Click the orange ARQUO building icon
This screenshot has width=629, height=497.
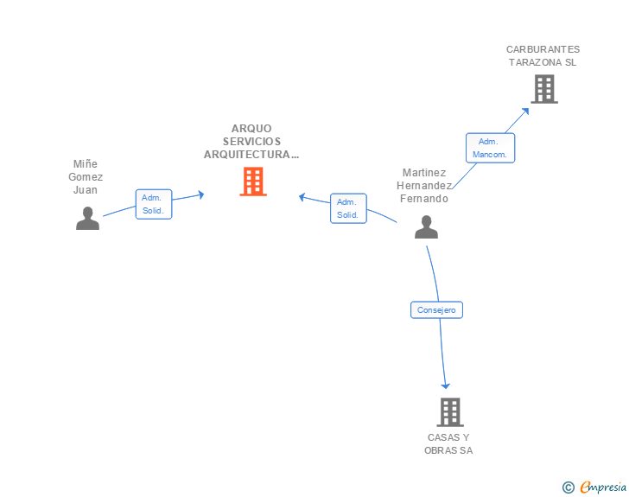coord(253,182)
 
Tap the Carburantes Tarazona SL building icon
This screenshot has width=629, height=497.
coord(543,89)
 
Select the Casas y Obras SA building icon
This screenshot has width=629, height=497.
coord(449,412)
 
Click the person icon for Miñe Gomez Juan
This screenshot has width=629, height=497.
coord(87,219)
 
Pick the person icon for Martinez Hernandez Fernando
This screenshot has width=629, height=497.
coord(426,227)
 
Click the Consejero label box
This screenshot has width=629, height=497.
coord(436,309)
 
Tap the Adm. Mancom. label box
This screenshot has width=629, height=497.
coord(491,148)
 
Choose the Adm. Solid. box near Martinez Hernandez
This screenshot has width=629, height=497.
coord(348,208)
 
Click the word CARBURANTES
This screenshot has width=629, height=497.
coord(543,49)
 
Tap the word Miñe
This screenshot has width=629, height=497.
coord(86,163)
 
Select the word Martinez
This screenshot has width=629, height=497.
coord(424,172)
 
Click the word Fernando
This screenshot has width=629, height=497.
coord(424,198)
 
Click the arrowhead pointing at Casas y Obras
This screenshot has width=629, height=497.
coord(446,385)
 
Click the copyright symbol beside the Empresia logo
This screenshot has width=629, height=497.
coord(569,487)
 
